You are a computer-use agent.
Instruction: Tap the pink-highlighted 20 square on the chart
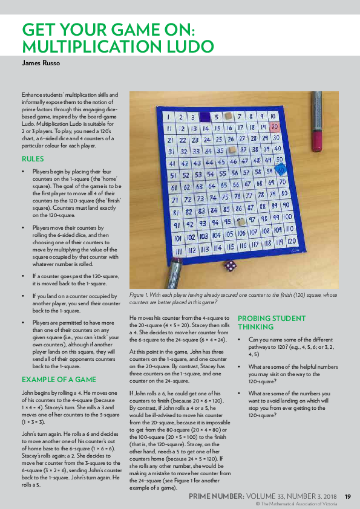275,127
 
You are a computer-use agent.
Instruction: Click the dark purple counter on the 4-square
205,117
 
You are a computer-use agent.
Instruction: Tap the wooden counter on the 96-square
241,221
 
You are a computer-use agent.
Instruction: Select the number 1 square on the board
165,117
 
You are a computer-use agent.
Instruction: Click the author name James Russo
41,62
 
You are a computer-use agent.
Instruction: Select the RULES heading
33,159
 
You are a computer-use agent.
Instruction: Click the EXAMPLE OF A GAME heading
59,380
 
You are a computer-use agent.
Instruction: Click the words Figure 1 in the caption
139,295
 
